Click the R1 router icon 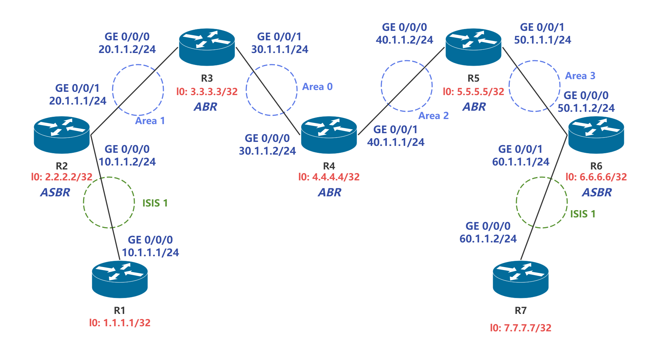click(119, 279)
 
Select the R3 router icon click(207, 47)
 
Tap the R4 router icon click(329, 135)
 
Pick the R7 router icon click(520, 279)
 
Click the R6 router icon click(596, 135)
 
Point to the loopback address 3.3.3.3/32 click(207, 91)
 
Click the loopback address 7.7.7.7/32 click(520, 328)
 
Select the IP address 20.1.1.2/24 click(127, 49)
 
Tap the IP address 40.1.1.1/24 click(396, 142)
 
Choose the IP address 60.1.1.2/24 click(488, 239)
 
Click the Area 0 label click(317, 87)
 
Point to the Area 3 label click(580, 76)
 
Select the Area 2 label click(433, 116)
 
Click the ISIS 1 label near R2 click(155, 203)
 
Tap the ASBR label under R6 click(597, 192)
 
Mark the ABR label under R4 click(329, 192)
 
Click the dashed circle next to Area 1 click(138, 90)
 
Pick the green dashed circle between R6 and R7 click(541, 202)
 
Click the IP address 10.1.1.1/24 click(150, 253)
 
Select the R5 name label click(474, 78)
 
